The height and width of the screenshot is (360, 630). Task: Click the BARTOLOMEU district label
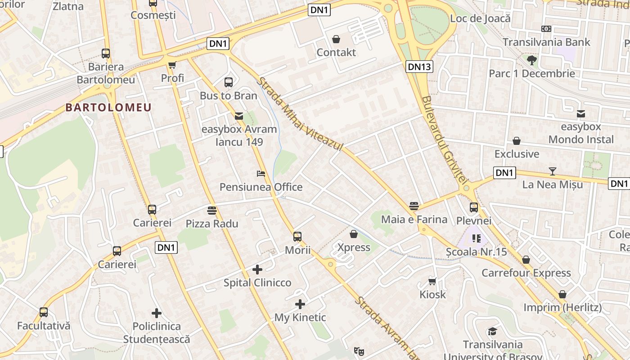pos(108,108)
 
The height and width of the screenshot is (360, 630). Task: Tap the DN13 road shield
pos(419,67)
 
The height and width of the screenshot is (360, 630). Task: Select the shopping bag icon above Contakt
pos(336,39)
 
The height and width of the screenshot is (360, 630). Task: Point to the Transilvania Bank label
pos(546,42)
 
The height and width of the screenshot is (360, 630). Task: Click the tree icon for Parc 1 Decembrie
pos(532,60)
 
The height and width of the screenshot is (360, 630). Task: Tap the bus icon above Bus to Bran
pos(229,82)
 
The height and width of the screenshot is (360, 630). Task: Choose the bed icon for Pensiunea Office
pos(261,174)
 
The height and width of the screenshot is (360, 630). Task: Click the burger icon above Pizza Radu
pos(212,210)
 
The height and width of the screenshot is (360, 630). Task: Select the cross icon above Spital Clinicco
pos(257,270)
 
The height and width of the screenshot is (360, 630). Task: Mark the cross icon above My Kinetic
pos(300,304)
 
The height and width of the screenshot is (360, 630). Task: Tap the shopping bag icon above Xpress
pos(354,234)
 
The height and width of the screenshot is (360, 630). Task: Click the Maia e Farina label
pos(414,220)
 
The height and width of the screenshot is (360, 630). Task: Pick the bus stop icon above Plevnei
pos(474,207)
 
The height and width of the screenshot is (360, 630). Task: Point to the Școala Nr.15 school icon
pos(476,238)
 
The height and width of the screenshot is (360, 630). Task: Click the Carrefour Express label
pos(526,273)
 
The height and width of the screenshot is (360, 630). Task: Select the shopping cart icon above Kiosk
pos(432,281)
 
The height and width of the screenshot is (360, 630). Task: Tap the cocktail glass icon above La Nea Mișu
pos(553,171)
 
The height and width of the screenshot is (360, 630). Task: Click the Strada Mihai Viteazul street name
pos(300,114)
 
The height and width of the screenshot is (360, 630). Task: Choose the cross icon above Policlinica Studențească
pos(157,313)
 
